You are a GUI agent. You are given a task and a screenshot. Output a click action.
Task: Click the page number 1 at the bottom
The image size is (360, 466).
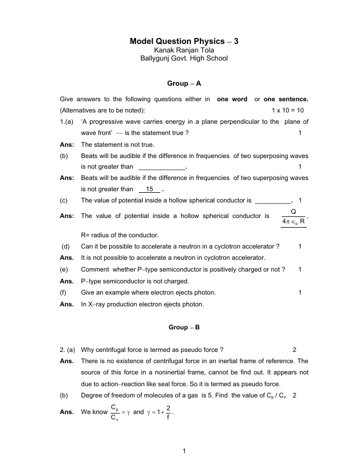point(184,450)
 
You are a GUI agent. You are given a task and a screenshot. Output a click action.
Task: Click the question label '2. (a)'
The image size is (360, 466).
point(68,350)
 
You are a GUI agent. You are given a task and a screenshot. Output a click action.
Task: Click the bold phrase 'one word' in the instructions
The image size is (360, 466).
point(232,99)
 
